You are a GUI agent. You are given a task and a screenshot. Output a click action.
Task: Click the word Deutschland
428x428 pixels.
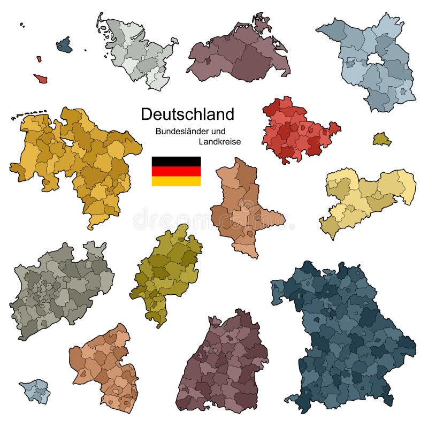tap(187, 114)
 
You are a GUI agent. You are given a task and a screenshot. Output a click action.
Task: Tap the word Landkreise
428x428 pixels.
tap(219, 142)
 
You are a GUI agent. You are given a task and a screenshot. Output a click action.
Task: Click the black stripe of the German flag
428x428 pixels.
tap(176, 161)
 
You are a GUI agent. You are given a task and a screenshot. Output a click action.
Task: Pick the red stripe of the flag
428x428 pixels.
tap(176, 171)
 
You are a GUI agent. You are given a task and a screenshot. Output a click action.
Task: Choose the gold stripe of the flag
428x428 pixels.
tap(176, 181)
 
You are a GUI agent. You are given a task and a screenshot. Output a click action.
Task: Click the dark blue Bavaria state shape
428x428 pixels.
tap(348, 337)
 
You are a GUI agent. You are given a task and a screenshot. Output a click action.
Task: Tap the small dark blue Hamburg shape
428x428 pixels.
tap(64, 45)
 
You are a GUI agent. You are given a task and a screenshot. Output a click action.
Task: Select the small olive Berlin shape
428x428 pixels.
tap(381, 140)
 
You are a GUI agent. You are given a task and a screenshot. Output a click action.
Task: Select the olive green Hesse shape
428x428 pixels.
tap(166, 273)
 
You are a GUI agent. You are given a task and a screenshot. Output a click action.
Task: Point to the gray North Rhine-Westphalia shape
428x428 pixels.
tap(59, 289)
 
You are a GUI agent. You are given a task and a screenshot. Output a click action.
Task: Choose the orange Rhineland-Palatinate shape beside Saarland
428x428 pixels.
tap(104, 364)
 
